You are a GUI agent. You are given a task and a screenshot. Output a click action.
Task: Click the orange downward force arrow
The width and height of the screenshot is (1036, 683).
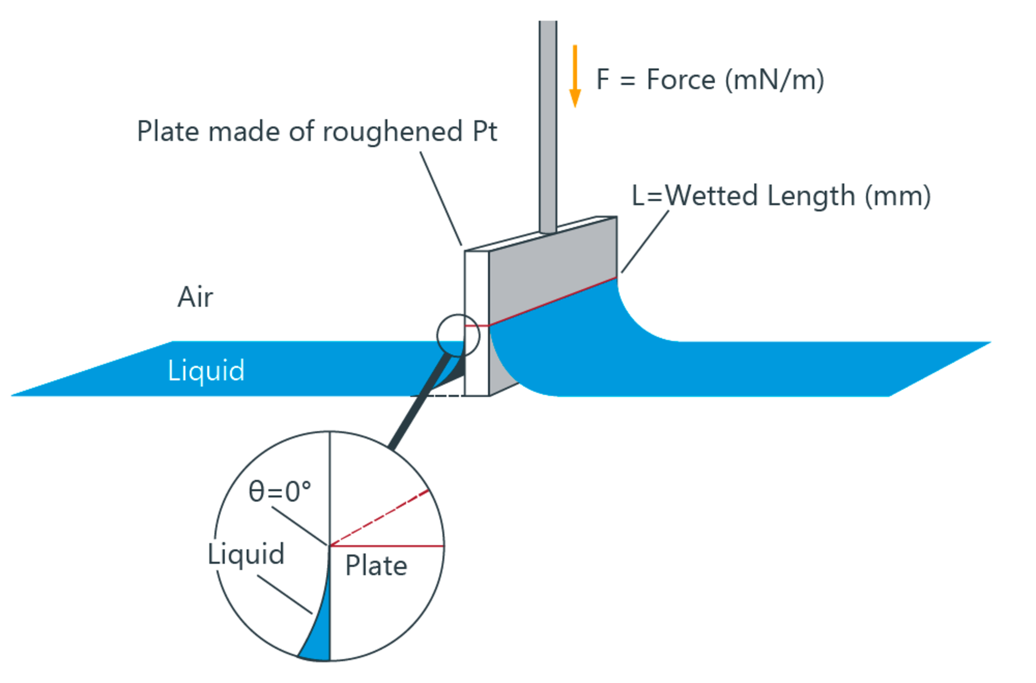pyautogui.click(x=575, y=76)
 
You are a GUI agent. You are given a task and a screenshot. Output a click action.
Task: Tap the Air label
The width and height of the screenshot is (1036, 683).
pyautogui.click(x=195, y=297)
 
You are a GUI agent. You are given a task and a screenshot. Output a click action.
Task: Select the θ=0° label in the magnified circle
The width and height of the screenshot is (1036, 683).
pyautogui.click(x=280, y=492)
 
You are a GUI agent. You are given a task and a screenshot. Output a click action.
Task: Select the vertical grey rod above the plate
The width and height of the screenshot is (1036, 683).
pyautogui.click(x=548, y=126)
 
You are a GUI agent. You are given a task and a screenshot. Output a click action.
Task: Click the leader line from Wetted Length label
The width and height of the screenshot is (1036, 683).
pyautogui.click(x=645, y=242)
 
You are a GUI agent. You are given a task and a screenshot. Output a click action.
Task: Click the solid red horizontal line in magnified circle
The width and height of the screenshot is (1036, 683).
pyautogui.click(x=387, y=546)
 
